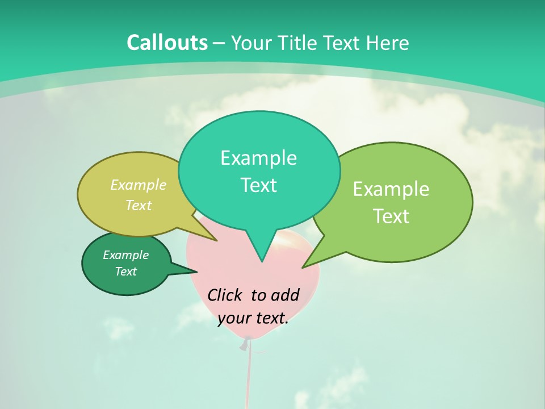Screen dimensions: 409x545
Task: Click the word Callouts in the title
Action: (x=167, y=43)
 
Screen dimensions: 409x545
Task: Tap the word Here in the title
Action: (x=387, y=43)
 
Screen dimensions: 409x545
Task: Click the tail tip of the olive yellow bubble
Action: (x=216, y=240)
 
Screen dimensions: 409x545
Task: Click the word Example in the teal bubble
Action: (x=258, y=158)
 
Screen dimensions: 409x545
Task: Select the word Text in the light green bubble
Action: (x=391, y=216)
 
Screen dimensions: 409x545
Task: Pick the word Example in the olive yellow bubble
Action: (x=139, y=185)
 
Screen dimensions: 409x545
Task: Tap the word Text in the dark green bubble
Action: (x=125, y=272)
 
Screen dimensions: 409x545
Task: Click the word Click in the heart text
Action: (x=225, y=295)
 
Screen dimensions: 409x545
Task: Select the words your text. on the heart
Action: (x=253, y=319)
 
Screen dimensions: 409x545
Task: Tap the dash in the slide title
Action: (x=219, y=43)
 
